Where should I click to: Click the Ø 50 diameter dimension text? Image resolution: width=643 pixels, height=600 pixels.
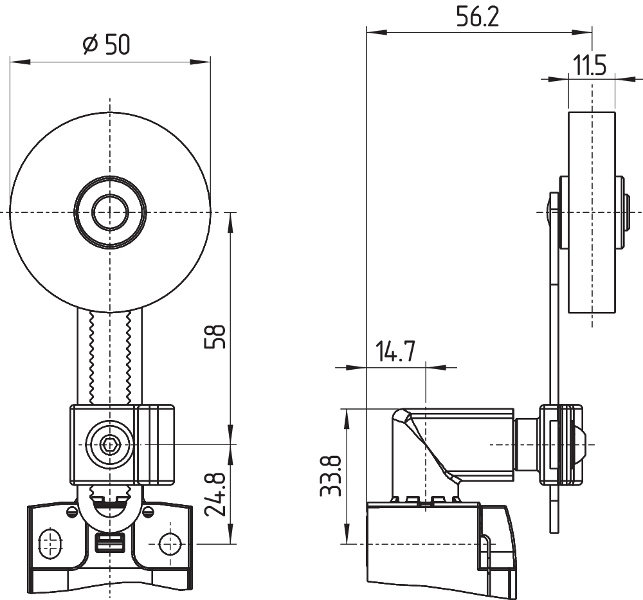107,44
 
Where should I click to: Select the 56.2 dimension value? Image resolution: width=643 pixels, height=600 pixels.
477,17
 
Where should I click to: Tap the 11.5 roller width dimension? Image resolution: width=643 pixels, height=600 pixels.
590,66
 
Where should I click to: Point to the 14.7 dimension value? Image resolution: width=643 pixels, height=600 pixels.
395,353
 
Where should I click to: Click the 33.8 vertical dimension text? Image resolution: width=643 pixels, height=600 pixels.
331,477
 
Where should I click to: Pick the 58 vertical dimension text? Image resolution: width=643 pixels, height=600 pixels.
217,336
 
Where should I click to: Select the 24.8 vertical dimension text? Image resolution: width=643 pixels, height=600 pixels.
216,495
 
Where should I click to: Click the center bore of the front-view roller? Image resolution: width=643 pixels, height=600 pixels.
110,212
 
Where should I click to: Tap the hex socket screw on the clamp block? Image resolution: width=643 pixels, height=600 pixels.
110,444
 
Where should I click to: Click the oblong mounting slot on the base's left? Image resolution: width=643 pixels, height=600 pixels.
50,543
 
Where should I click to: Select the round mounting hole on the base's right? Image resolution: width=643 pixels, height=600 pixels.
170,543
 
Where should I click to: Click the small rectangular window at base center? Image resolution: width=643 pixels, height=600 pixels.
110,543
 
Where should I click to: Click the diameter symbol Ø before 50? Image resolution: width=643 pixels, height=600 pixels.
89,44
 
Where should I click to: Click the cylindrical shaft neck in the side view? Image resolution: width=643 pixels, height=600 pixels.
527,444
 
